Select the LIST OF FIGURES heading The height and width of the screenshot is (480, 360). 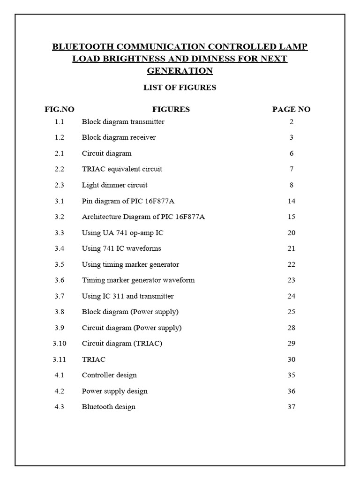pyautogui.click(x=180, y=88)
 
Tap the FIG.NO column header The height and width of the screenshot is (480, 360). pyautogui.click(x=60, y=110)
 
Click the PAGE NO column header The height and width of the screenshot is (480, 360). pyautogui.click(x=291, y=110)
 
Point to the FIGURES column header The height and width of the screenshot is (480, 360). pyautogui.click(x=171, y=110)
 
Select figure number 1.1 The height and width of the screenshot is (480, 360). pyautogui.click(x=59, y=122)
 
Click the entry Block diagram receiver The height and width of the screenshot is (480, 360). pyautogui.click(x=119, y=137)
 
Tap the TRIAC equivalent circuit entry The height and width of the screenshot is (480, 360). pyautogui.click(x=122, y=169)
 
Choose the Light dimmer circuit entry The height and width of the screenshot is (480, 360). pyautogui.click(x=114, y=185)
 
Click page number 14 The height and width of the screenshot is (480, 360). pyautogui.click(x=291, y=201)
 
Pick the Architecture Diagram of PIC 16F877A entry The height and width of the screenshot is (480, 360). pyautogui.click(x=143, y=217)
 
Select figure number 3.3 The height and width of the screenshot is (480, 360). pyautogui.click(x=59, y=232)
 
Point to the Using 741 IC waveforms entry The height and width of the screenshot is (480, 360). pyautogui.click(x=121, y=248)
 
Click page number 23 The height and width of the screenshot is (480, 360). pyautogui.click(x=291, y=280)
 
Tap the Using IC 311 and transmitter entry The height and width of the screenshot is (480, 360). pyautogui.click(x=127, y=296)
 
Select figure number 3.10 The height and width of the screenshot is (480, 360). pyautogui.click(x=60, y=344)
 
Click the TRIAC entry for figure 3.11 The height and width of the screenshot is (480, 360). pyautogui.click(x=94, y=360)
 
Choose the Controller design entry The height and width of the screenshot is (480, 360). pyautogui.click(x=109, y=375)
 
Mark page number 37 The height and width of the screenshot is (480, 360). pyautogui.click(x=291, y=407)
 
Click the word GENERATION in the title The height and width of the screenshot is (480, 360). pyautogui.click(x=180, y=71)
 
